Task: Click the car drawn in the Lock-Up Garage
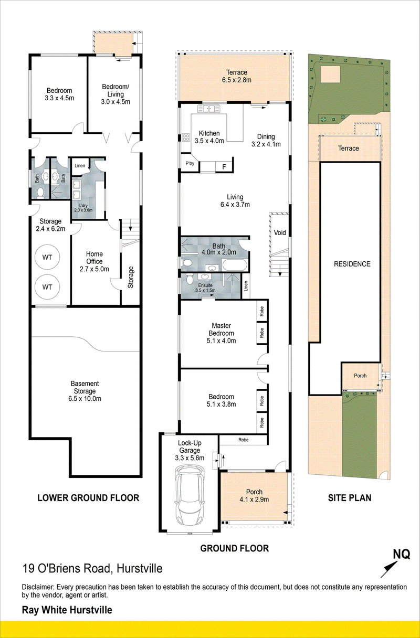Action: point(190,496)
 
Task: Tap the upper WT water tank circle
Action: point(47,257)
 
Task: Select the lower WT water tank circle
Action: point(47,287)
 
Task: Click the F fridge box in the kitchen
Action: point(224,167)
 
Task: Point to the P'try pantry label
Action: point(190,164)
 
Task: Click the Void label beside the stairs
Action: point(280,232)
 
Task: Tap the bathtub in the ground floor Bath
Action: point(235,265)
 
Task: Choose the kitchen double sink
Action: point(209,109)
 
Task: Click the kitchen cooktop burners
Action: point(186,138)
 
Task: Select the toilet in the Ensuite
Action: point(190,279)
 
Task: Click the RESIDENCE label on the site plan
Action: point(352,264)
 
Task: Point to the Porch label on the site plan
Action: point(360,376)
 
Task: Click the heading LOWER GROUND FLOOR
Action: point(88,498)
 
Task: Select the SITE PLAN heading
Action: point(350,498)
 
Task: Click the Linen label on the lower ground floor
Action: point(80,165)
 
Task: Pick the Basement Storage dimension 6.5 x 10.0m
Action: point(85,398)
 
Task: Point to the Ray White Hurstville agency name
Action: point(67,610)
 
